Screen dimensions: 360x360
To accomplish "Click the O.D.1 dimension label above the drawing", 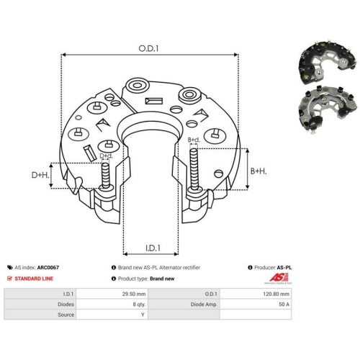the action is (148, 48).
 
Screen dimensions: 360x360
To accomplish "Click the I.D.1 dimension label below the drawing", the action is (153, 248).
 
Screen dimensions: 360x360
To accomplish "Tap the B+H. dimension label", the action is (258, 171).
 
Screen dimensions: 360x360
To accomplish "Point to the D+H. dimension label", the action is (40, 175).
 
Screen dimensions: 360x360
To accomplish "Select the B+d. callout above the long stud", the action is (194, 140).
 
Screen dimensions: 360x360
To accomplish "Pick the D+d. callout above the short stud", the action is (106, 156).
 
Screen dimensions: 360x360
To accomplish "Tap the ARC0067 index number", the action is (48, 267).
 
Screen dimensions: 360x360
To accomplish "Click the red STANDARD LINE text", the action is (34, 279).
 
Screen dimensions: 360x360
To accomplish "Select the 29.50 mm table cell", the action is (134, 294).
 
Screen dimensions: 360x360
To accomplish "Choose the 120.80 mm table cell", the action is (276, 294).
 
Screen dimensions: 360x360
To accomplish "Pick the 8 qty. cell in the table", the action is (139, 305).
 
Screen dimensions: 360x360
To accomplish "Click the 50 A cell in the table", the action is (284, 305).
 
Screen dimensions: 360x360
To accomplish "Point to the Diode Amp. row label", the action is (204, 305).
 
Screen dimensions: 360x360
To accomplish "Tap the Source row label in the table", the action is (66, 315).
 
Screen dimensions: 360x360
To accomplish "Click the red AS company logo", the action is (279, 278).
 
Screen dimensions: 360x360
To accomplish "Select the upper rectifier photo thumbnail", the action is (328, 63).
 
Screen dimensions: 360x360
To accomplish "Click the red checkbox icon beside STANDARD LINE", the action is (9, 279).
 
